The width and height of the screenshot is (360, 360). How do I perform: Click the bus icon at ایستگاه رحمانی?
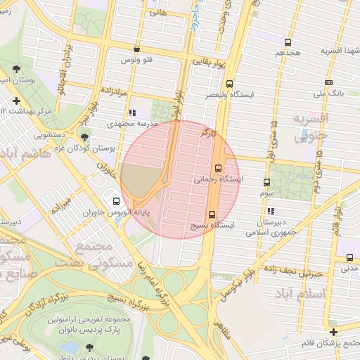pyautogui.click(x=218, y=168)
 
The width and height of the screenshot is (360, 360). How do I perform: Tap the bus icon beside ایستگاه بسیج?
pyautogui.click(x=212, y=214)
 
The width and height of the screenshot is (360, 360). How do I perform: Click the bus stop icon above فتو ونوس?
pyautogui.click(x=136, y=49)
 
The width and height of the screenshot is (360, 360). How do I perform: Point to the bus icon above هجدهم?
pyautogui.click(x=288, y=42)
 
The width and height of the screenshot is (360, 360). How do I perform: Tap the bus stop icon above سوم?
pyautogui.click(x=266, y=182)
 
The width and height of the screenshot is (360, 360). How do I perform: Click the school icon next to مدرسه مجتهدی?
pyautogui.click(x=131, y=112)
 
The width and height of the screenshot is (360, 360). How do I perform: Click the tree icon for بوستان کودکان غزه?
pyautogui.click(x=84, y=138)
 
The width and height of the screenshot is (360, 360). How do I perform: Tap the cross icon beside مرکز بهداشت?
pyautogui.click(x=16, y=101)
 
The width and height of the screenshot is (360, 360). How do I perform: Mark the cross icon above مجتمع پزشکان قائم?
pyautogui.click(x=333, y=332)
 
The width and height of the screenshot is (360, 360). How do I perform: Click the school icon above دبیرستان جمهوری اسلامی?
pyautogui.click(x=271, y=211)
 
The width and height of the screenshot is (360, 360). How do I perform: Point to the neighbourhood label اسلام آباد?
pyautogui.click(x=303, y=292)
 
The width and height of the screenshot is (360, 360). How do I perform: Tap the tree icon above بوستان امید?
pyautogui.click(x=16, y=69)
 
